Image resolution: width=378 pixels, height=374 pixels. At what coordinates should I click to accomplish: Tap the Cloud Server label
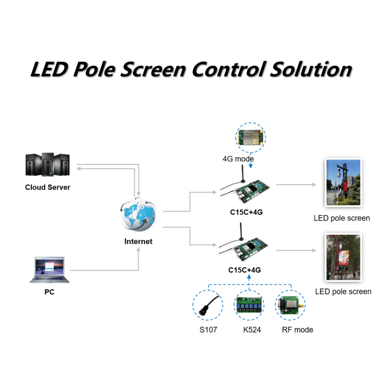tap(48, 187)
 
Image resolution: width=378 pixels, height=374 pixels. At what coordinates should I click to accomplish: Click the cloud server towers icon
tap(47, 165)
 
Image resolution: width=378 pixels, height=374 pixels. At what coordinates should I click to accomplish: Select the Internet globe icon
tap(138, 217)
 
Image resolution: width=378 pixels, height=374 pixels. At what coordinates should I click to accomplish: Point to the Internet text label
tap(138, 242)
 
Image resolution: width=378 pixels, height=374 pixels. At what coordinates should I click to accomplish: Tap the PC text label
tap(49, 292)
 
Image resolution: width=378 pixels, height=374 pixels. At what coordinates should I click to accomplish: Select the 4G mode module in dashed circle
tap(250, 137)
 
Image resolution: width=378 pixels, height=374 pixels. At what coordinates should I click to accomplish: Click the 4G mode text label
tap(238, 159)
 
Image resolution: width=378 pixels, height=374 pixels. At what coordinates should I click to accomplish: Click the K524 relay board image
tap(249, 306)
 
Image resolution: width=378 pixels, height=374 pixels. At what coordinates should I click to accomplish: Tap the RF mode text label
tap(297, 330)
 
